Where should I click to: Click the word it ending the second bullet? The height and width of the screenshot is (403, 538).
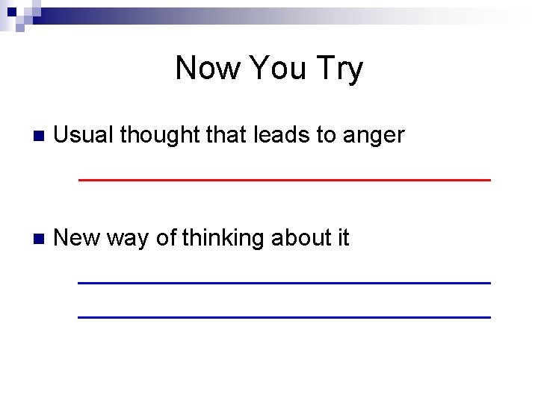(x=343, y=238)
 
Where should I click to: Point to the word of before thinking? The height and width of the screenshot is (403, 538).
(x=167, y=238)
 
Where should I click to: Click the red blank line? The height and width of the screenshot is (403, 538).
(x=284, y=180)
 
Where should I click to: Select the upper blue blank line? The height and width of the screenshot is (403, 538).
(x=284, y=282)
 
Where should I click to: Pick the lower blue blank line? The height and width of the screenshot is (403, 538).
(x=284, y=317)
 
